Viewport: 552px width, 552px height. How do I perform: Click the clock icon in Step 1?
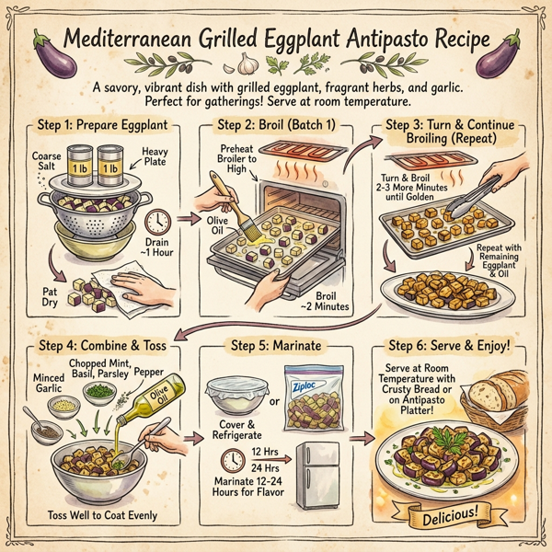point(156,221)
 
